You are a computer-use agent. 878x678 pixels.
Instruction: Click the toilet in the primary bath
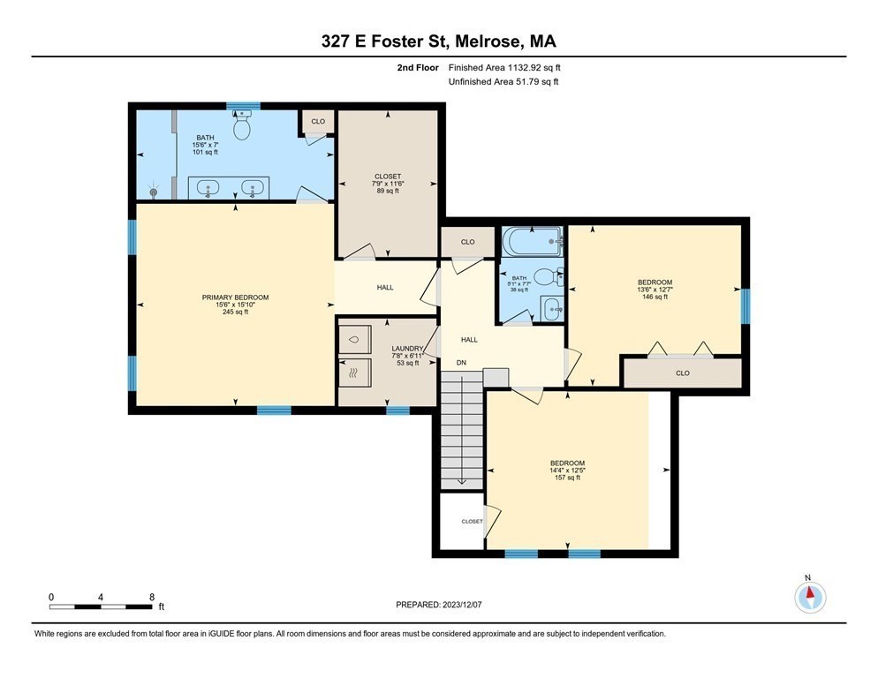click(x=242, y=124)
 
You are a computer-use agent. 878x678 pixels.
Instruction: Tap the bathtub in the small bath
click(x=533, y=241)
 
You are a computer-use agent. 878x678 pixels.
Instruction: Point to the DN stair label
click(x=461, y=363)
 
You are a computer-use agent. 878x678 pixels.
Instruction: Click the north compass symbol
click(x=810, y=595)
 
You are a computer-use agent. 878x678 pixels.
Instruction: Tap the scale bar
click(x=101, y=606)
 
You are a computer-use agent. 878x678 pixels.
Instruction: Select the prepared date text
click(x=438, y=605)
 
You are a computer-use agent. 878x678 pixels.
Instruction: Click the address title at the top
click(x=438, y=41)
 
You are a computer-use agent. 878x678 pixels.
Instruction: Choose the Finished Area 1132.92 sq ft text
click(x=504, y=68)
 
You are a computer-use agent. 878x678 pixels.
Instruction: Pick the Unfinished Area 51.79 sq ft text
click(x=503, y=82)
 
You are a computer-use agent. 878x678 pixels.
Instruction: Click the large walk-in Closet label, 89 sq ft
click(x=388, y=184)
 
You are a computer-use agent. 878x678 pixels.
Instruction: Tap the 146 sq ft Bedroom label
click(x=655, y=290)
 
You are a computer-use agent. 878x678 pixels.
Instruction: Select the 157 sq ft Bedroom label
click(x=567, y=471)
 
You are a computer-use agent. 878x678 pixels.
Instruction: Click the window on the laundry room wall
click(x=397, y=411)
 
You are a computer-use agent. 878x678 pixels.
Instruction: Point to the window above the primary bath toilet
click(x=243, y=106)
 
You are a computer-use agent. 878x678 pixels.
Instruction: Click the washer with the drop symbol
click(x=354, y=339)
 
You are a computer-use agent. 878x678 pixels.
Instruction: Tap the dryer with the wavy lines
click(x=354, y=373)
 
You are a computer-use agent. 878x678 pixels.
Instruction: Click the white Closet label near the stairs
click(x=472, y=521)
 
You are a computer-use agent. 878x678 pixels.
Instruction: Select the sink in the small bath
click(x=552, y=308)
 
